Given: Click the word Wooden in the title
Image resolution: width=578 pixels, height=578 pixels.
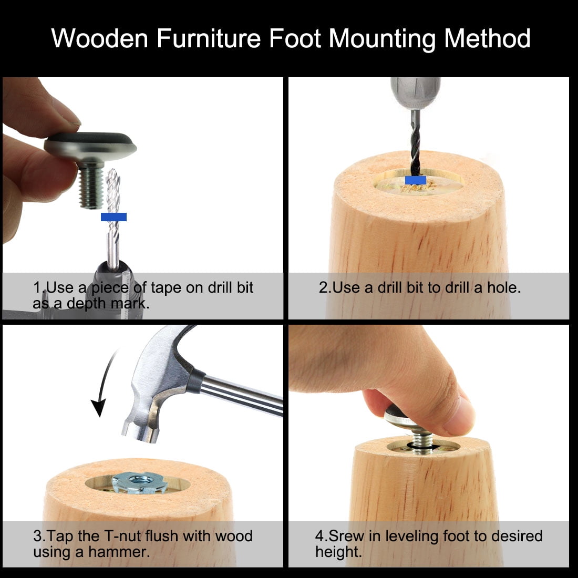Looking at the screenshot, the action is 100,38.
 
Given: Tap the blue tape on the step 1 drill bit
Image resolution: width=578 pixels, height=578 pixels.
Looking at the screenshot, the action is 113,216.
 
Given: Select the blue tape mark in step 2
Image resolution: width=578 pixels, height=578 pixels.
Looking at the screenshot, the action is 416,180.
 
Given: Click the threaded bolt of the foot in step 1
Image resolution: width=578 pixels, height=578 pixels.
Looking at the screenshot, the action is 91,186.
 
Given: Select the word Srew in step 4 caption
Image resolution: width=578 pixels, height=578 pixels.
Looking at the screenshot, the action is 346,536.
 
